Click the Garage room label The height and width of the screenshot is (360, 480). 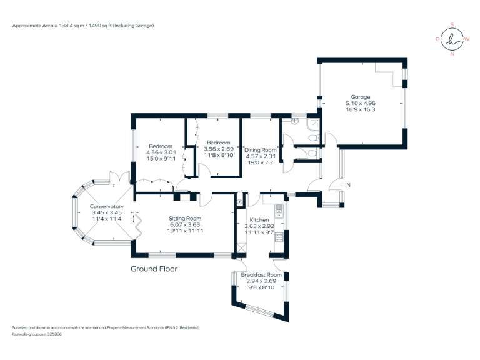[360, 97]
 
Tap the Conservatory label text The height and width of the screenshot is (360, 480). [106, 207]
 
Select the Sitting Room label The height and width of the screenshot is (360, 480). [186, 218]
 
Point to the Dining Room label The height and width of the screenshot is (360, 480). [260, 150]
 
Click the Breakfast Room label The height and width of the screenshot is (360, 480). [261, 275]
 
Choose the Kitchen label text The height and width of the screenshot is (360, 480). [259, 221]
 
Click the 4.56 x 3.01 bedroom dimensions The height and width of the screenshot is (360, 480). [161, 152]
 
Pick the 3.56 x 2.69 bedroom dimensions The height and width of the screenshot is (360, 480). [219, 149]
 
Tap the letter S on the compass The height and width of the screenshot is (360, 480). [452, 26]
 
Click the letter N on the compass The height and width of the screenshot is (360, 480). [452, 54]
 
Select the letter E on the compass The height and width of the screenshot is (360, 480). [437, 39]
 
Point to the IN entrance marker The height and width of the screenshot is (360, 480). [348, 185]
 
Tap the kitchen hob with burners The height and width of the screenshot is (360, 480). [279, 237]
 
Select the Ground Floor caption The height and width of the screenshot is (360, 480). [154, 269]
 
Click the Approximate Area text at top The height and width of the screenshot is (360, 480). [82, 26]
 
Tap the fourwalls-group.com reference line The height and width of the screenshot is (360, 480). [37, 334]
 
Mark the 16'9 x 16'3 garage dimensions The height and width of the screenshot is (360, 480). [360, 109]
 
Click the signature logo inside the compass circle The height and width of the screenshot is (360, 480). [452, 40]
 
